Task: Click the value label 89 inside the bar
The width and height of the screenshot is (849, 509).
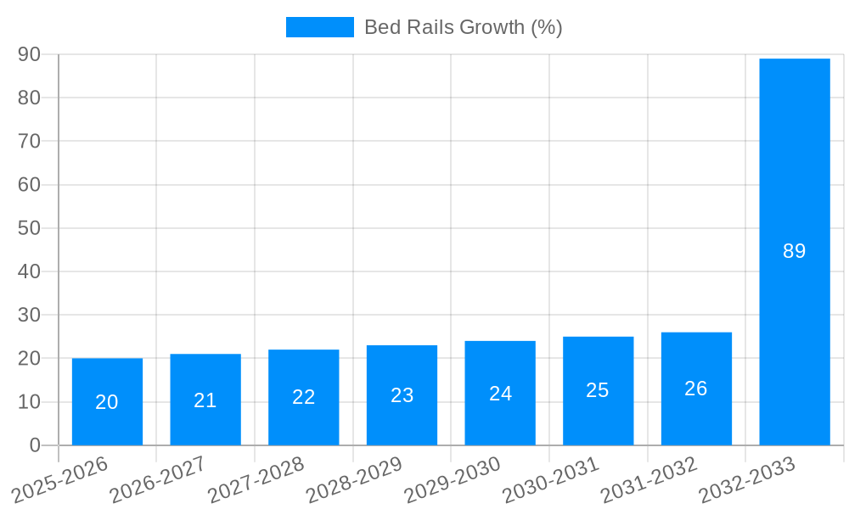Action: tap(795, 251)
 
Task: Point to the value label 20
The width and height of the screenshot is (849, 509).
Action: tap(107, 402)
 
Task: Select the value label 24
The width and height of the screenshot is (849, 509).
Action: tap(500, 394)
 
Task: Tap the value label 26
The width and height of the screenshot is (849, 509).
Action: tap(696, 389)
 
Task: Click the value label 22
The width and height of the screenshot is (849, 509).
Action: tap(304, 397)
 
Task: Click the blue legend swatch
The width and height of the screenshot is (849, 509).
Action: tap(319, 27)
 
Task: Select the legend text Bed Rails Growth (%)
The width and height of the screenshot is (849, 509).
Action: tap(463, 27)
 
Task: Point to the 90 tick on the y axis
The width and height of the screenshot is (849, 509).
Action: tap(29, 54)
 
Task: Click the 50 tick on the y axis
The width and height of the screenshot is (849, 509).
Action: tap(29, 228)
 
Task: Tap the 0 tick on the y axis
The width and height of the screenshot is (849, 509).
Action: tap(35, 445)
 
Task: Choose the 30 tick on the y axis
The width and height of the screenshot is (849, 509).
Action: tap(29, 315)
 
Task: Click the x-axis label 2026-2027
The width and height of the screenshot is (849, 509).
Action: tap(157, 479)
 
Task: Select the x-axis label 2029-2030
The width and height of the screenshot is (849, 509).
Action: tap(452, 479)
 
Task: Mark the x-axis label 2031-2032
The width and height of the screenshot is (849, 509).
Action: tap(649, 479)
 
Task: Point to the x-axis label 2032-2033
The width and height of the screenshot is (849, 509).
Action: tap(746, 479)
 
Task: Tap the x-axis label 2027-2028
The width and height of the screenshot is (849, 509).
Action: tap(256, 479)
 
